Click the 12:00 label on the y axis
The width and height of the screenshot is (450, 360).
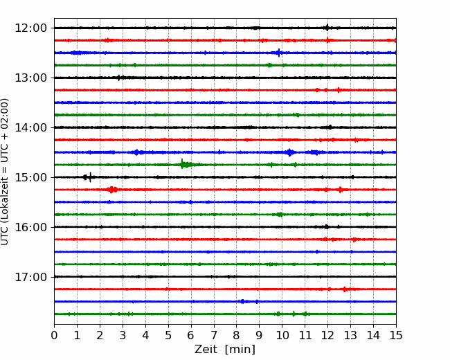(30, 28)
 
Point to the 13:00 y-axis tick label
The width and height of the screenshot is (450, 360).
(30, 78)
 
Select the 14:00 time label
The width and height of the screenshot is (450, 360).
(30, 127)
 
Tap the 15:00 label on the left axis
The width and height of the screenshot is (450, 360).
(30, 177)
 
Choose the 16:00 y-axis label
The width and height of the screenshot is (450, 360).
(30, 227)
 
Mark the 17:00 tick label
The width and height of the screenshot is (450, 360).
(30, 277)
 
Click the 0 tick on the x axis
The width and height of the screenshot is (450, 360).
(54, 335)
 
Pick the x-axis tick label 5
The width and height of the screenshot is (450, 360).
(168, 335)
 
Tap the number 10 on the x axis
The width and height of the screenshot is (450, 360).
(282, 335)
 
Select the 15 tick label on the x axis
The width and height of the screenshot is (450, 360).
(396, 335)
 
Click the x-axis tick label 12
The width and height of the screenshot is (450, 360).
(327, 335)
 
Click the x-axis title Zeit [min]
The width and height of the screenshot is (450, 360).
(225, 349)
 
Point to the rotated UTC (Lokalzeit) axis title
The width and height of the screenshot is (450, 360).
(4, 172)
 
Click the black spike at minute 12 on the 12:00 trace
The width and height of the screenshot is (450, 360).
(327, 28)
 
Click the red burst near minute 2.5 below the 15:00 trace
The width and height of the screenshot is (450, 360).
(112, 190)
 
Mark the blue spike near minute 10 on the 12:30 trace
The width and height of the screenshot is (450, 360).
(278, 53)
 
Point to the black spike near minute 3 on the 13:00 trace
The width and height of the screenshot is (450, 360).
(119, 78)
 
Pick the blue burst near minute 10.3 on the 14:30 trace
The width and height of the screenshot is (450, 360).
(290, 152)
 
